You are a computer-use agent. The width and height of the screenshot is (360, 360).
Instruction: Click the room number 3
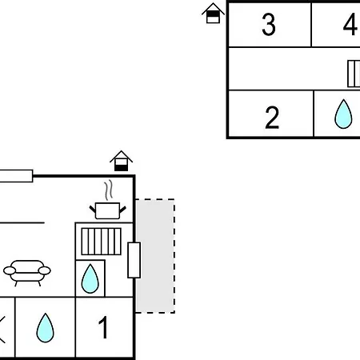[269, 24]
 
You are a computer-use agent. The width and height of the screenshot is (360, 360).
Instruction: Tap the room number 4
[350, 24]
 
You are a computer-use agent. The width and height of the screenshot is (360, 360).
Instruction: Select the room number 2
[272, 118]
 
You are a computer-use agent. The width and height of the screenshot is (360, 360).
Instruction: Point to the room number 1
[103, 327]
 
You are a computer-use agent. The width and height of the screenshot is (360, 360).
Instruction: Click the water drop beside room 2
[343, 114]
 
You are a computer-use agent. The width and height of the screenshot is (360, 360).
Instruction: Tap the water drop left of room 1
[45, 328]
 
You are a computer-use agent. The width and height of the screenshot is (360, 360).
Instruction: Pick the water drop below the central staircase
[90, 278]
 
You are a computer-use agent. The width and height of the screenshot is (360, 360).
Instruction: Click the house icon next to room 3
[213, 14]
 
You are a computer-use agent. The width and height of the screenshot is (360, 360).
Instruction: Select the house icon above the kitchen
[121, 161]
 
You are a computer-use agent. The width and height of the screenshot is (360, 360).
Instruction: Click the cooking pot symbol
[107, 210]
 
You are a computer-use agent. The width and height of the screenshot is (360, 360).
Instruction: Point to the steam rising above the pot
[109, 190]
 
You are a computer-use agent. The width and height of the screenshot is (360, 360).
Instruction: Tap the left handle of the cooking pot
[93, 209]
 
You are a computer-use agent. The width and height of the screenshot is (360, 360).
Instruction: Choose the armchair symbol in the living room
[27, 273]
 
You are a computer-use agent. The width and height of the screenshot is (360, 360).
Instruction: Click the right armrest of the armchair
[44, 270]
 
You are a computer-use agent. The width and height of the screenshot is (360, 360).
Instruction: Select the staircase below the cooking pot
[102, 242]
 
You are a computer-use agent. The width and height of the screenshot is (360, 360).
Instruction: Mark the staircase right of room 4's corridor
[354, 74]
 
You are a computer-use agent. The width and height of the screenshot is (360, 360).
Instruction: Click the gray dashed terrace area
[155, 256]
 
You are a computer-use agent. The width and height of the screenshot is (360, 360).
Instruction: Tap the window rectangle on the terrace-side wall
[134, 260]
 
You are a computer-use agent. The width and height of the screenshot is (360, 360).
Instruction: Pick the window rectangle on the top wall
[16, 176]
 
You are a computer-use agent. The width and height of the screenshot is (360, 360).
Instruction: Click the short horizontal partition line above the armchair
[22, 222]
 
